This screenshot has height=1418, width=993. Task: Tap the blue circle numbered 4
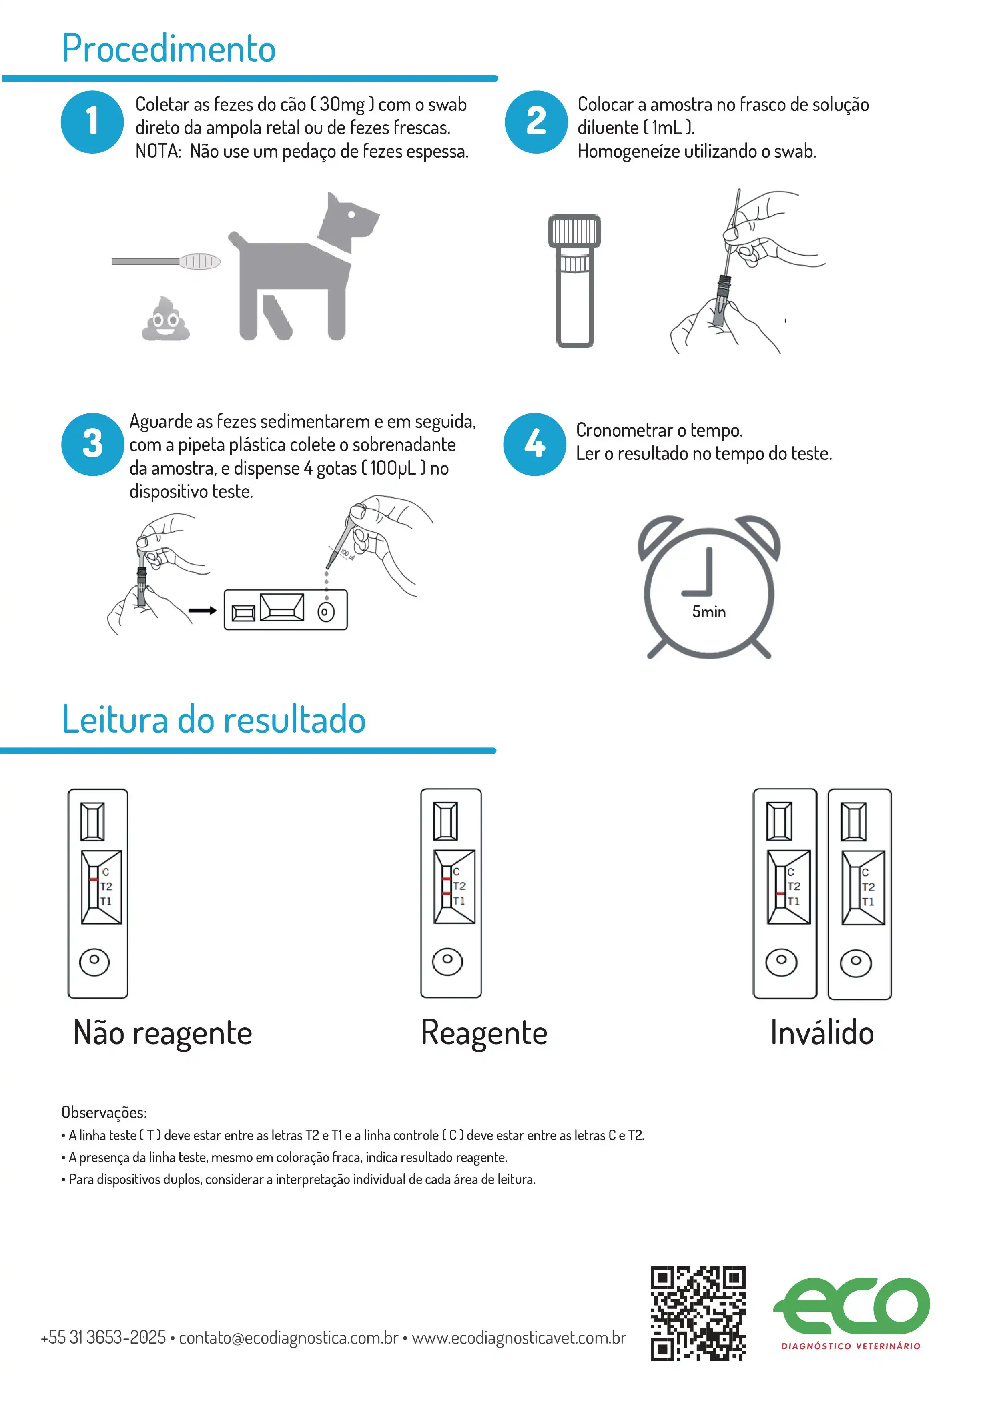tap(534, 444)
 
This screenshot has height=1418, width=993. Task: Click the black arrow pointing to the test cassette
tap(202, 610)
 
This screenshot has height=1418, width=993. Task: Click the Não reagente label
tap(162, 1033)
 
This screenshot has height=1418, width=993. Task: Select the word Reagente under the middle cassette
tap(484, 1033)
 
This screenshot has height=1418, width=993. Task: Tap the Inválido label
tap(821, 1033)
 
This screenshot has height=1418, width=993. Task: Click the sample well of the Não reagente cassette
tap(94, 961)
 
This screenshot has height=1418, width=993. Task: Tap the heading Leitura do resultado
tap(214, 719)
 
